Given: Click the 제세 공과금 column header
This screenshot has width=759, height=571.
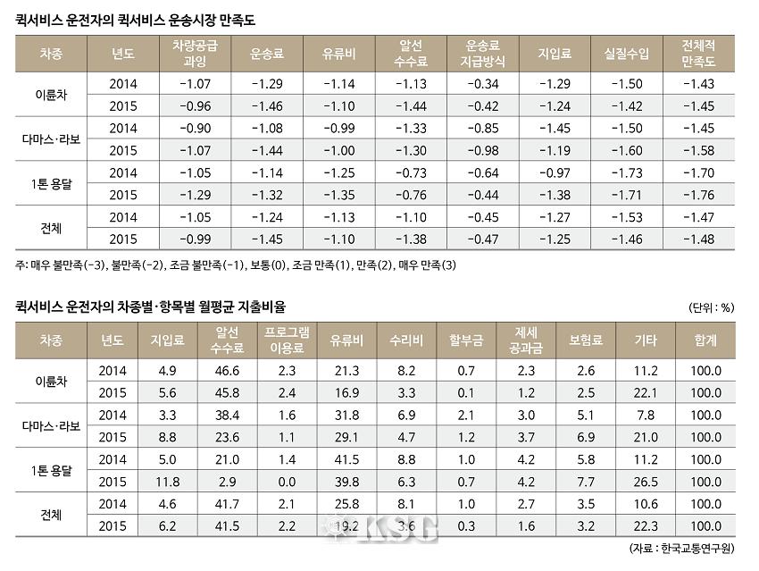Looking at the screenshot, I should pyautogui.click(x=525, y=340).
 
